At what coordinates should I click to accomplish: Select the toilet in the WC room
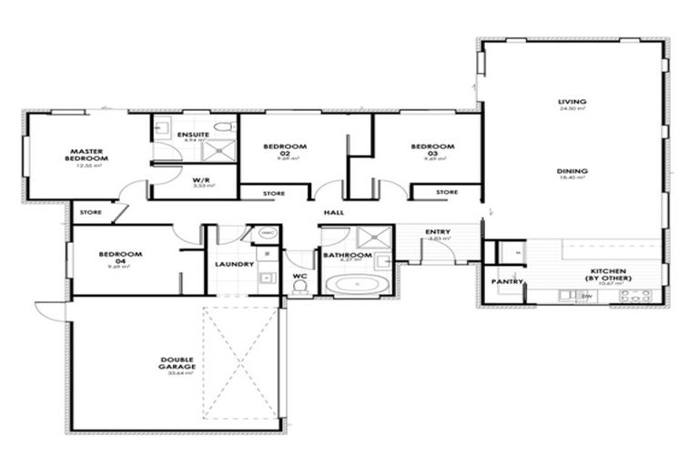coord(299,287)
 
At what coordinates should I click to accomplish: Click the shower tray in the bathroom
coord(370,238)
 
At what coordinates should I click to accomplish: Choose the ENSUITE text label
coord(193,135)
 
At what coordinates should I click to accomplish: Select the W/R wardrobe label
coord(201,180)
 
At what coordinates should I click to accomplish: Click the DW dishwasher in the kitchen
coord(587,296)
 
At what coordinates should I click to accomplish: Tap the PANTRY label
coord(508,282)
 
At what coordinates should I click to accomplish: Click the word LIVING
coord(572,102)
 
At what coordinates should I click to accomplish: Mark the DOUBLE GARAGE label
coord(172,363)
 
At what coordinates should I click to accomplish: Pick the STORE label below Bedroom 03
coord(446,192)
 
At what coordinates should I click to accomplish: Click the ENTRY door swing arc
coord(437,249)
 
